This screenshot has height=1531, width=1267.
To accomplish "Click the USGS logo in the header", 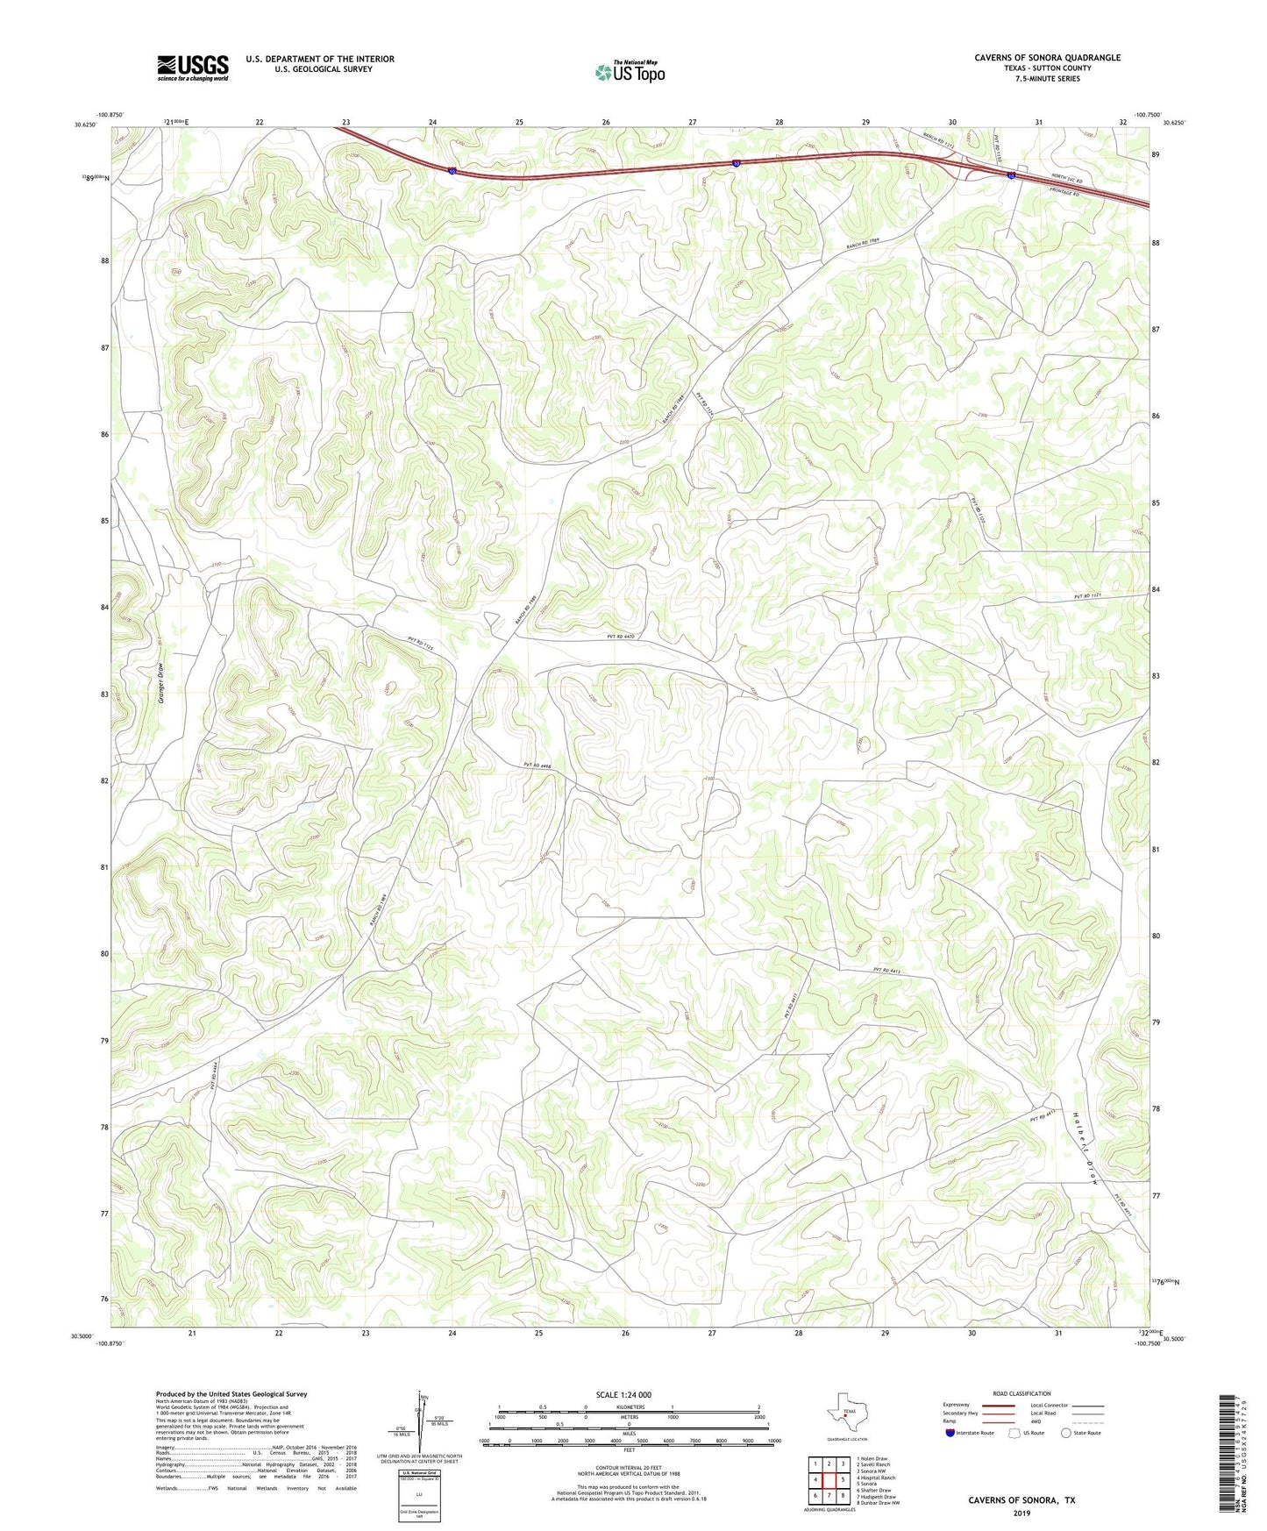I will tap(193, 68).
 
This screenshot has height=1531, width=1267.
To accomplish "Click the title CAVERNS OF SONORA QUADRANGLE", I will tap(1047, 58).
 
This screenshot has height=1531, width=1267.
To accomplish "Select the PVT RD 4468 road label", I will tap(536, 765).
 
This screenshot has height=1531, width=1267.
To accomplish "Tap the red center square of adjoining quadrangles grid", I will tap(829, 1480).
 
